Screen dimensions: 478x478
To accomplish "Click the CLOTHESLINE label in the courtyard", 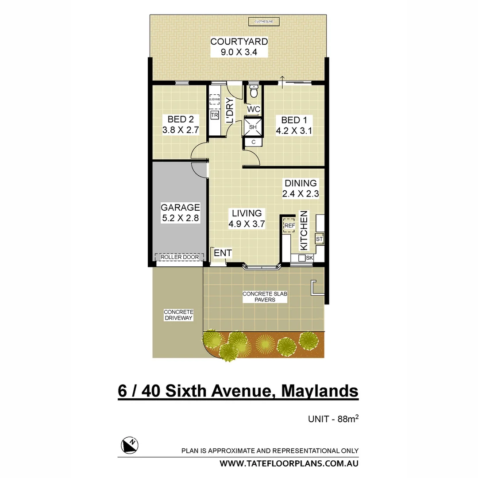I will [264, 21].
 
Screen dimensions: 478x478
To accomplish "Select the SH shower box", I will [253, 127].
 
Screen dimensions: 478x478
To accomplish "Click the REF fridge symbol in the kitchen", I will [289, 226].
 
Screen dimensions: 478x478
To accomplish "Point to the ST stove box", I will [319, 239].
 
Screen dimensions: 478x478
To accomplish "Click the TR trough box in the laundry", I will [215, 116].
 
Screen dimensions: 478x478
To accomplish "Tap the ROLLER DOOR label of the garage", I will [179, 257].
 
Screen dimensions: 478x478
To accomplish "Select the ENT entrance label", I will [223, 253].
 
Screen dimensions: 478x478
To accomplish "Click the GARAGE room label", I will [180, 207].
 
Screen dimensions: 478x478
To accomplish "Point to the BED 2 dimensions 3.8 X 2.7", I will [181, 130].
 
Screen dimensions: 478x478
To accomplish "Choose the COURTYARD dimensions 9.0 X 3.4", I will [239, 52].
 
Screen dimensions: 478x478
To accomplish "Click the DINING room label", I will [301, 183].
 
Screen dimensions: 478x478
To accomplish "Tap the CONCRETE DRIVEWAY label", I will [178, 315].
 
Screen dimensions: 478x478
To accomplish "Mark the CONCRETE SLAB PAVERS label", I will [265, 297].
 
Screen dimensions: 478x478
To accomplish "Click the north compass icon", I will [130, 444].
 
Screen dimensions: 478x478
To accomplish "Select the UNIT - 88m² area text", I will [333, 419].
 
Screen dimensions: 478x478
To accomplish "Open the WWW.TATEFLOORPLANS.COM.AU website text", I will [289, 463].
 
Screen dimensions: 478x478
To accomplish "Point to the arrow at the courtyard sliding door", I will [282, 80].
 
